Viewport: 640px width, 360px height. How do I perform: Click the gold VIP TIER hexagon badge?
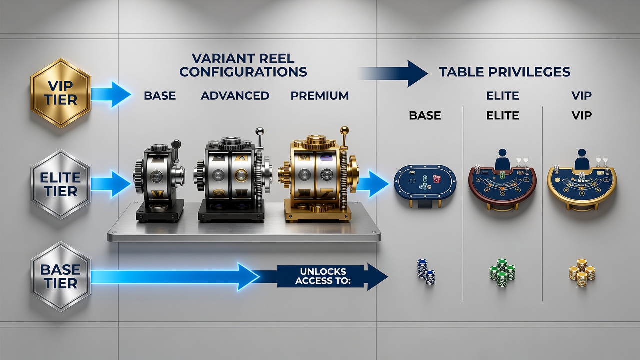[x=61, y=93]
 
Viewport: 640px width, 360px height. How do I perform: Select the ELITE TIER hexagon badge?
[x=61, y=184]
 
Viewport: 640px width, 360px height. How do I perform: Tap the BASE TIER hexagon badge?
[x=61, y=276]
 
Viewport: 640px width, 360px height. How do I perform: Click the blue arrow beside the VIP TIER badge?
[x=111, y=94]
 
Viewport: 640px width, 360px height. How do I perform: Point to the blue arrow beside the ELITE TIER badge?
[x=111, y=184]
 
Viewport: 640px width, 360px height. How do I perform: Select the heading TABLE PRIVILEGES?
[x=505, y=72]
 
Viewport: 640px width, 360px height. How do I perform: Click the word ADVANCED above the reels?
[x=235, y=95]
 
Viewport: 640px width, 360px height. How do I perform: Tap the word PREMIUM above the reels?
[x=319, y=95]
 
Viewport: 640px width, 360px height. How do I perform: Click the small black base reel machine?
[x=159, y=183]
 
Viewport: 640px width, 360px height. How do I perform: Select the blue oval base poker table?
[x=425, y=183]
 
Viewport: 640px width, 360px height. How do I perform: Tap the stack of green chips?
[x=502, y=273]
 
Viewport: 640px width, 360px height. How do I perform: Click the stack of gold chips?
[x=582, y=273]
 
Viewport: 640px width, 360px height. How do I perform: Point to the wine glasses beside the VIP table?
[x=602, y=161]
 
